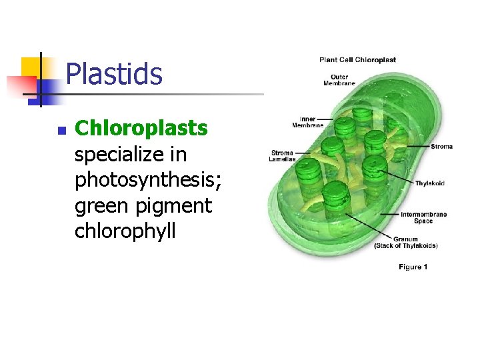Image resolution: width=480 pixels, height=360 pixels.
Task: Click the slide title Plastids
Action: point(114,74)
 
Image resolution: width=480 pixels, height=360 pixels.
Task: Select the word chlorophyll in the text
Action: point(125,231)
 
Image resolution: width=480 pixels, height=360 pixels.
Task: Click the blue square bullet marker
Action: point(61,131)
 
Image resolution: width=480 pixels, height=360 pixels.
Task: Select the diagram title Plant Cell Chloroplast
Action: point(357,60)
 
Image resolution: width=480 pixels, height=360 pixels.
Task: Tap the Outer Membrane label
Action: point(339,80)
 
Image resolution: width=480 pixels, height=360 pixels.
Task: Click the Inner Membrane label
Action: point(307,122)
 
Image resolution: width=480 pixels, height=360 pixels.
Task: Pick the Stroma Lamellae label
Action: point(281,156)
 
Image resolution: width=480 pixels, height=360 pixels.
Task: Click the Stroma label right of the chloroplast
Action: point(441,147)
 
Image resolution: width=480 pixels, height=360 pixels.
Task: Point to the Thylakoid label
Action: point(430,183)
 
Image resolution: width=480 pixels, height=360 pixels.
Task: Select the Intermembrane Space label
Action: point(423,217)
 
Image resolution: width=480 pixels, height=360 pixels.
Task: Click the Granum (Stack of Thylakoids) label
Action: point(405,242)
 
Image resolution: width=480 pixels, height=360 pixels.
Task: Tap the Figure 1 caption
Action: point(413,267)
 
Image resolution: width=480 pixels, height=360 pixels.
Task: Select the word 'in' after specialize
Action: point(178,154)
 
